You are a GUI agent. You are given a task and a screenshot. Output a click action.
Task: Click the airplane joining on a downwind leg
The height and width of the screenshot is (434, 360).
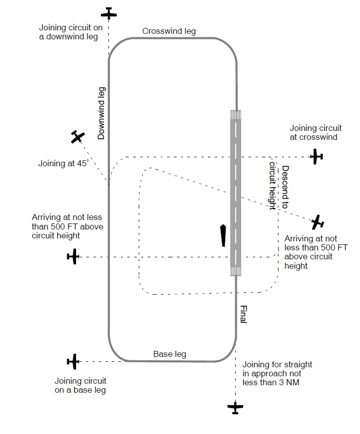pyautogui.click(x=109, y=13)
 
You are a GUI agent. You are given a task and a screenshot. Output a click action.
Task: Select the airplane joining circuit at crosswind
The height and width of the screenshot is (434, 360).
pyautogui.click(x=316, y=157)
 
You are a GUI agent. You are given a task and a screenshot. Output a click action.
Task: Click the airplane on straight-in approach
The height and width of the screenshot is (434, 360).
pyautogui.click(x=235, y=408)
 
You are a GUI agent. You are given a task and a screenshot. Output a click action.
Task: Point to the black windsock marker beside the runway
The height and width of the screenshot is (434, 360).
pyautogui.click(x=223, y=235)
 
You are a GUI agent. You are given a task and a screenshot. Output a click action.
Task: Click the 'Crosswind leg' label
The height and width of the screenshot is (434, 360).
pyautogui.click(x=169, y=31)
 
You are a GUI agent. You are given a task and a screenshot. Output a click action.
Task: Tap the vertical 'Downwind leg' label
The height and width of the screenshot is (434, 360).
pyautogui.click(x=101, y=113)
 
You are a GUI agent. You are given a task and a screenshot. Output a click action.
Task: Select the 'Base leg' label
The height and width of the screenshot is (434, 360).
pyautogui.click(x=170, y=354)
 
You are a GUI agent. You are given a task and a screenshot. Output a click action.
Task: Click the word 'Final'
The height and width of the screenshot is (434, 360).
pyautogui.click(x=243, y=314)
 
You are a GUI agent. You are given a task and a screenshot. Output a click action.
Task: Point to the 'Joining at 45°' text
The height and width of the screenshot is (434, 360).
pyautogui.click(x=63, y=163)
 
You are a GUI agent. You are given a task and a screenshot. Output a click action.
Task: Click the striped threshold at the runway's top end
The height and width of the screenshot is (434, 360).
pyautogui.click(x=236, y=115)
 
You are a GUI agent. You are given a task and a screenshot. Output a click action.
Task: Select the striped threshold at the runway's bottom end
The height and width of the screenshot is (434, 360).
pyautogui.click(x=236, y=270)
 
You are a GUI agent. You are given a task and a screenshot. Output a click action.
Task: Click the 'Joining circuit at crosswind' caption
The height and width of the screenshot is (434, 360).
pyautogui.click(x=313, y=132)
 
